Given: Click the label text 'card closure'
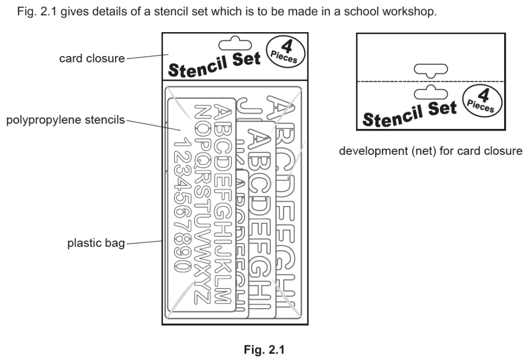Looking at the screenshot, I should pos(92,59).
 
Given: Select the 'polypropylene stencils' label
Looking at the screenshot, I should pos(65,120).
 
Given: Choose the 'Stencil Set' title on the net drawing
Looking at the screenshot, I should pos(409,113).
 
